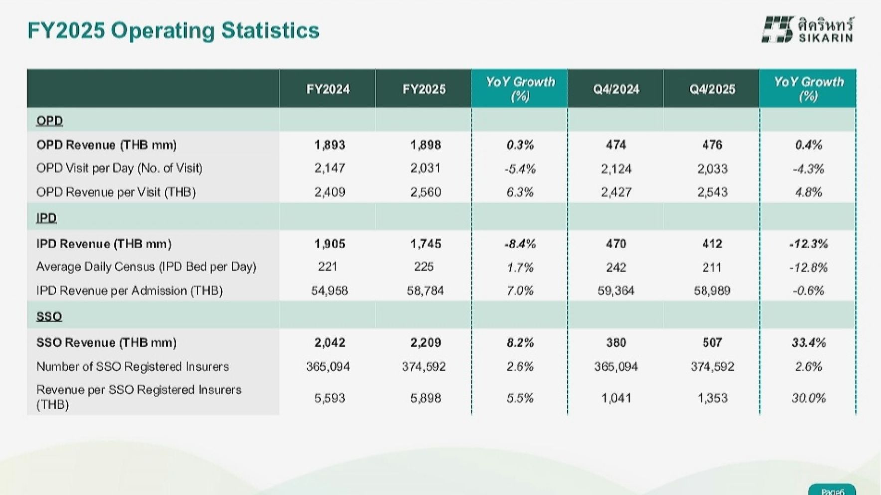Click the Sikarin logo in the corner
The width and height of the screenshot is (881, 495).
[807, 30]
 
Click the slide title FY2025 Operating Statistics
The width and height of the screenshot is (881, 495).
[174, 30]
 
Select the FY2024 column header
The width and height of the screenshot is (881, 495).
[328, 89]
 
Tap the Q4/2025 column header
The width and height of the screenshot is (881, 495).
[712, 89]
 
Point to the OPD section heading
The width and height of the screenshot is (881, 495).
[50, 121]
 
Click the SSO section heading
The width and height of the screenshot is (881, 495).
[49, 316]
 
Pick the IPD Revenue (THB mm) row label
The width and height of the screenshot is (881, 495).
[104, 244]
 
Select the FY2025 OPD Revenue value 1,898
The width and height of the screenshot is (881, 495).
[425, 145]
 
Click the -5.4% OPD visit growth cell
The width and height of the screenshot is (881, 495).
[520, 169]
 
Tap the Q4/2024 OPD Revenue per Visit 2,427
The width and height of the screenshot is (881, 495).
[616, 192]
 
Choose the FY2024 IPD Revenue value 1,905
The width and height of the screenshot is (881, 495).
[329, 244]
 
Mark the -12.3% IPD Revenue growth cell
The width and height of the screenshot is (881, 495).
[808, 244]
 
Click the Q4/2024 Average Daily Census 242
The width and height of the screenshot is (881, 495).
[616, 267]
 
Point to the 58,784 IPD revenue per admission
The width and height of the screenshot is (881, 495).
[425, 291]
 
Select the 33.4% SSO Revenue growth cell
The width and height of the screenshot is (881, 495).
[808, 343]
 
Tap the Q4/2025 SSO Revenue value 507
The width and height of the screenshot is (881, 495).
[712, 343]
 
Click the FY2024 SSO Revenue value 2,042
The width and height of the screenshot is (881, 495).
[329, 343]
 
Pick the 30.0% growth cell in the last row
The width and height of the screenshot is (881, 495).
[808, 398]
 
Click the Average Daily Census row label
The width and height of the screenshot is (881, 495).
[146, 267]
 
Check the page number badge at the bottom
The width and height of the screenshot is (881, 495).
[832, 490]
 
